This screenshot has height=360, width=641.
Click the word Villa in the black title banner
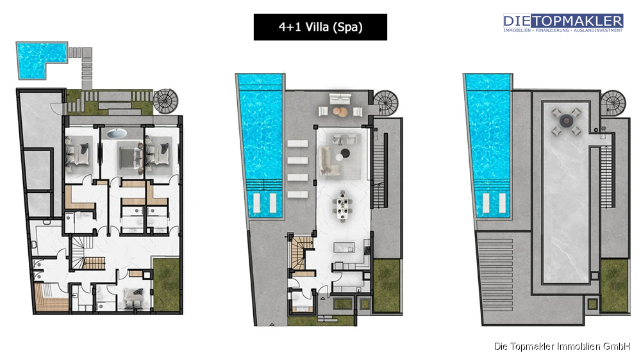point(317,27)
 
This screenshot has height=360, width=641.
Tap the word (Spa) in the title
point(347,28)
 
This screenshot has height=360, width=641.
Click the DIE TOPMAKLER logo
point(563,23)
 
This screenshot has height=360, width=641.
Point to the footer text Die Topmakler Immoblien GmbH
point(562,347)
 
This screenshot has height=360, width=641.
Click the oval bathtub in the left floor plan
point(117,133)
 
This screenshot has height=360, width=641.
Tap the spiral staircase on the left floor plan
point(165,101)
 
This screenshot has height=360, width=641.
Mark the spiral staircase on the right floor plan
point(613,102)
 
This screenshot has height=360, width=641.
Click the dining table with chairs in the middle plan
point(342,206)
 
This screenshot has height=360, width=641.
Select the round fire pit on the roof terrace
point(566,120)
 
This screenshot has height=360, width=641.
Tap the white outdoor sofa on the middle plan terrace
point(340,99)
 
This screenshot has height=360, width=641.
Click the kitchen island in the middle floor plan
point(344,248)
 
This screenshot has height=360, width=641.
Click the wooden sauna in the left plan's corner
point(51,298)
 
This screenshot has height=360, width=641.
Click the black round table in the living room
point(345,153)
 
